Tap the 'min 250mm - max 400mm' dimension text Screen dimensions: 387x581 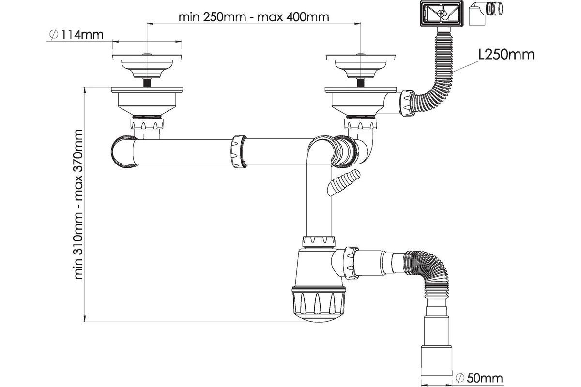253,17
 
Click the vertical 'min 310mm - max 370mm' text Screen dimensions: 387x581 79,204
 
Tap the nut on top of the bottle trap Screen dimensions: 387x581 318,241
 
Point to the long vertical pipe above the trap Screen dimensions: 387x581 319,198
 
